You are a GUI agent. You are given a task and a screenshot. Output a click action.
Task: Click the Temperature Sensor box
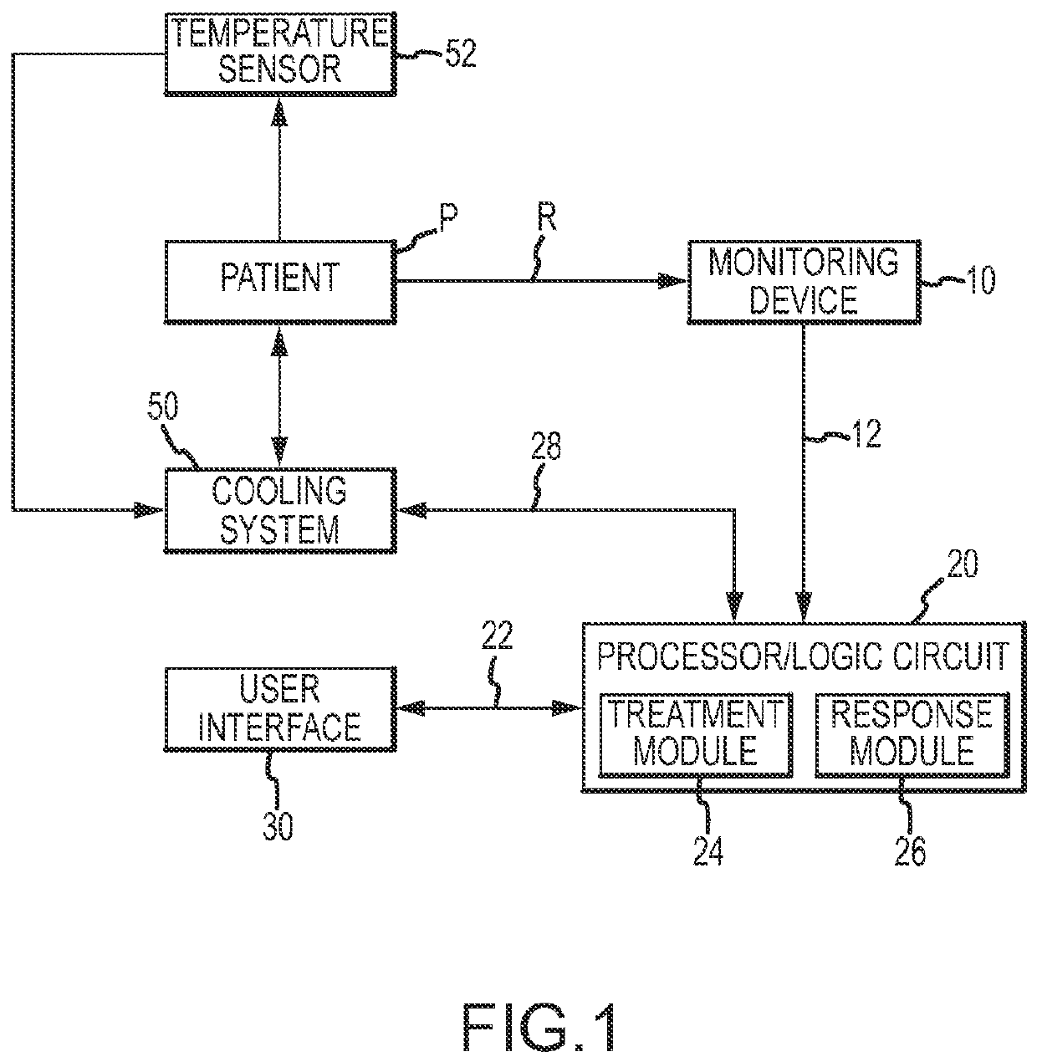tap(280, 54)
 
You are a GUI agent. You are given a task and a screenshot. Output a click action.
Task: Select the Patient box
tap(280, 282)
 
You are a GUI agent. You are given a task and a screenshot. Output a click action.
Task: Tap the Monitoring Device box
tap(804, 282)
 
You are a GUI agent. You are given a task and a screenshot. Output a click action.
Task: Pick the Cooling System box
tap(280, 510)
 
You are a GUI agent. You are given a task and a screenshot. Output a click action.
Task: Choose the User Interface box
tap(280, 709)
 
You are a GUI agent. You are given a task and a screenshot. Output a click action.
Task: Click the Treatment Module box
tap(695, 735)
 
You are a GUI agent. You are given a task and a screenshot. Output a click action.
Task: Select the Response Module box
tap(912, 735)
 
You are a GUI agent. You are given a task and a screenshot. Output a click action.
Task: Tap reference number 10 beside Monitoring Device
tap(979, 280)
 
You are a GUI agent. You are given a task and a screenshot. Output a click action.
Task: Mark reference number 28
tap(545, 446)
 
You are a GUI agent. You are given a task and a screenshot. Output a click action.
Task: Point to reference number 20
tap(963, 564)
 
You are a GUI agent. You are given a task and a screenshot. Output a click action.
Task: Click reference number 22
tap(497, 635)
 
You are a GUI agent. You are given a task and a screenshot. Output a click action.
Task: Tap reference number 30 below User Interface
tap(278, 826)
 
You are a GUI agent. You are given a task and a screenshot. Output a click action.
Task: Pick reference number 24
tap(708, 851)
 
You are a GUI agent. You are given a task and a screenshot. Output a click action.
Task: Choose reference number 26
tap(910, 851)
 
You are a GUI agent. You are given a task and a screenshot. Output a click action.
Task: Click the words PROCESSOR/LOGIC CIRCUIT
tap(804, 656)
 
